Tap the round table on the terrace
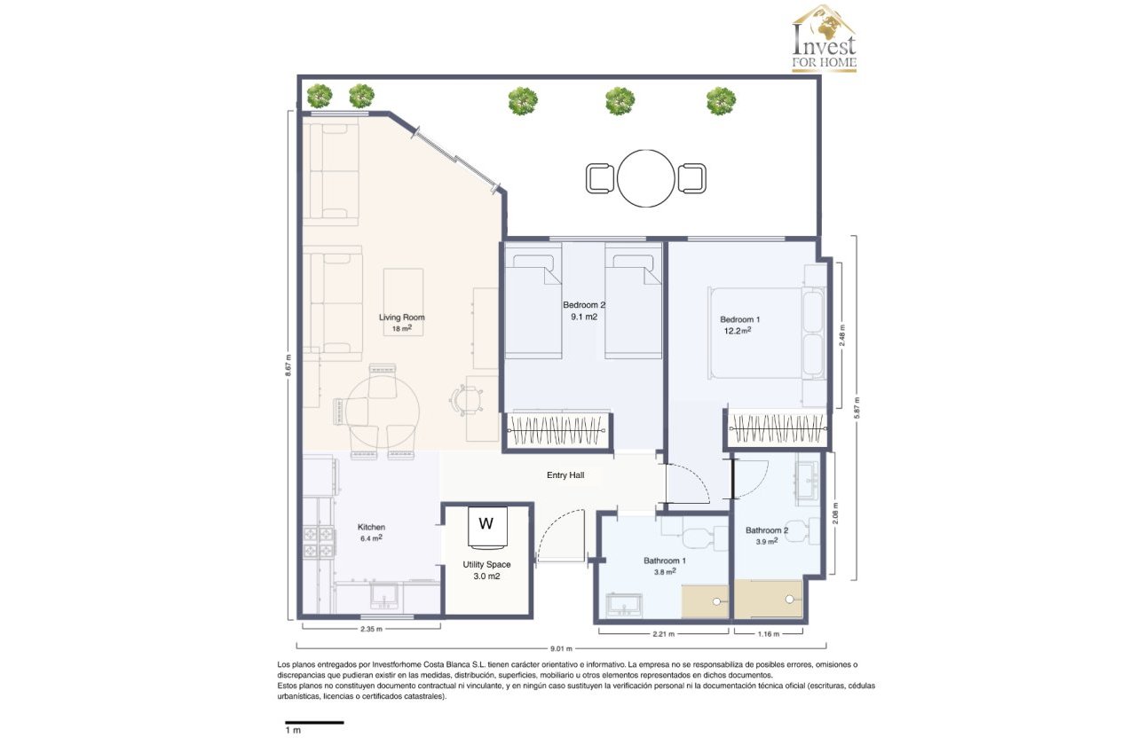pos(646,178)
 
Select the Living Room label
pos(402,318)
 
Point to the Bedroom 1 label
pos(739,319)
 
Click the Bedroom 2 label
pos(583,305)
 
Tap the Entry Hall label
pos(565,475)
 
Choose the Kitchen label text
pos(371,527)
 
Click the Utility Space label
pos(486,564)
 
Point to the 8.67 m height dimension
pos(288,365)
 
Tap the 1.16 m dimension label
pos(768,633)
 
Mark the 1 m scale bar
pos(313,723)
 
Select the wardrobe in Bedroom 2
pos(558,431)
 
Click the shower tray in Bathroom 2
pos(769,600)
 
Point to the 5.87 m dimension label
pos(857,408)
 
